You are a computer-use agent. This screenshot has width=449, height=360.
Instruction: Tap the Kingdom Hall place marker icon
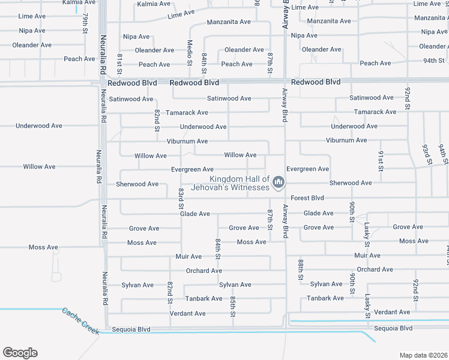(x=278, y=182)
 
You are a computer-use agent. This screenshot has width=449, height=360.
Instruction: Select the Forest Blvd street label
(x=307, y=198)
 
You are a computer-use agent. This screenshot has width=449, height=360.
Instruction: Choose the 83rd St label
(x=181, y=199)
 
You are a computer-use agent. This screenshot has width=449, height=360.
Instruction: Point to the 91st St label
(x=381, y=160)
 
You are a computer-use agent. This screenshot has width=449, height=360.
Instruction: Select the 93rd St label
(x=427, y=154)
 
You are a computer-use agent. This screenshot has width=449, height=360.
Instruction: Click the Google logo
(x=20, y=353)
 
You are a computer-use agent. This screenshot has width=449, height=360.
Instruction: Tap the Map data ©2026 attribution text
(x=423, y=355)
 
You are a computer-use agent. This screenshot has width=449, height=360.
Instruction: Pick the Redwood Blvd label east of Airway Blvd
(x=315, y=82)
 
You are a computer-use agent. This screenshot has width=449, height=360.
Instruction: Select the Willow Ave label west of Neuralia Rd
(x=39, y=167)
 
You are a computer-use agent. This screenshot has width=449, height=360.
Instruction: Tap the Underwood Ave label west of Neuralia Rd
(x=39, y=126)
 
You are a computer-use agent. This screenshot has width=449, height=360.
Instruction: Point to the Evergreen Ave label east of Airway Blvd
(x=307, y=169)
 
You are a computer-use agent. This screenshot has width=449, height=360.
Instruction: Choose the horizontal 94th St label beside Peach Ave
(x=433, y=61)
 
